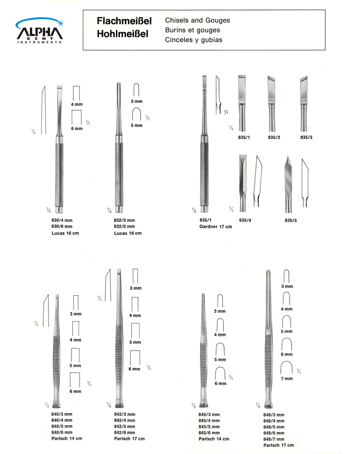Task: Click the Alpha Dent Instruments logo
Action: point(39,31)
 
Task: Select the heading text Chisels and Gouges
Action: point(197,20)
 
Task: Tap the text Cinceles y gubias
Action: point(193,40)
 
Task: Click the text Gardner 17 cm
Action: point(215,227)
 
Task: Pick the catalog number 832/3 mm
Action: point(124,220)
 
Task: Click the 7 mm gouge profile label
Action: point(286,379)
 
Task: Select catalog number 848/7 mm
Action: point(274,439)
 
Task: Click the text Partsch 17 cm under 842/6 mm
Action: point(129,439)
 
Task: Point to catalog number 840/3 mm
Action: point(62,414)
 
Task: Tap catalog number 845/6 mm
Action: point(209,433)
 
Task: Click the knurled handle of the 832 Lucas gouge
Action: point(119,172)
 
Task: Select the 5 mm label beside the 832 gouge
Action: point(137,126)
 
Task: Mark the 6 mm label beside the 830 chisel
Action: point(77,129)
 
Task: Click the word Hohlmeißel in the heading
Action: point(122,34)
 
